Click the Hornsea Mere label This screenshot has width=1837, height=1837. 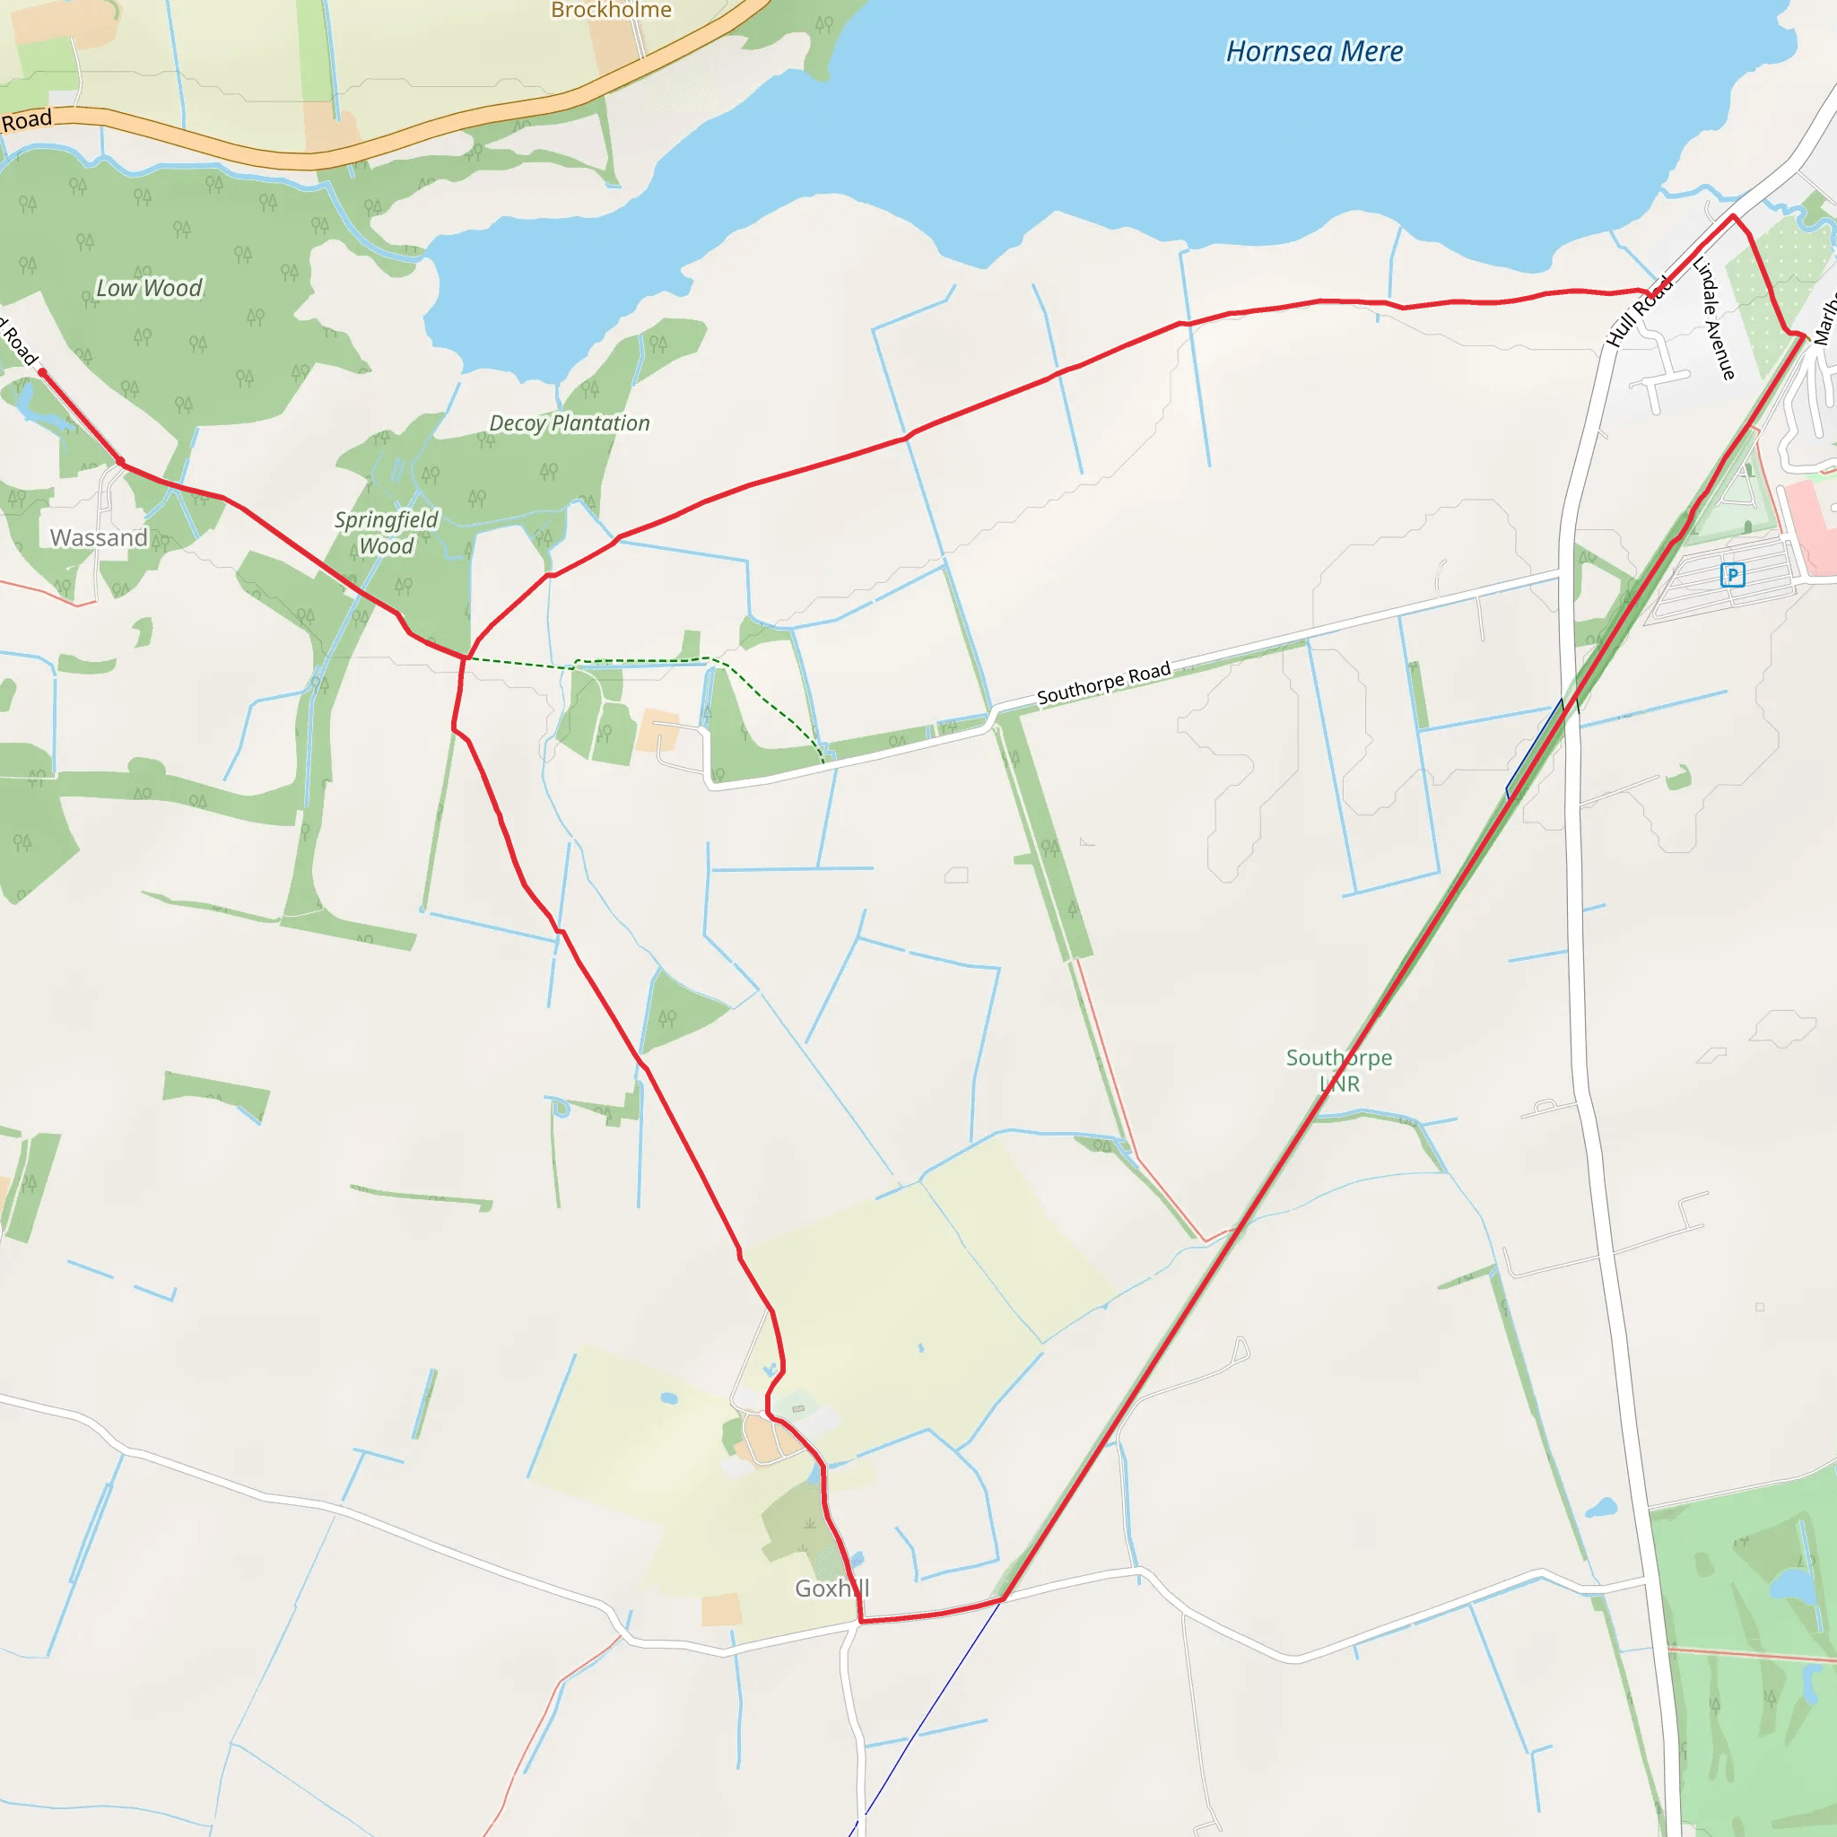pos(1314,51)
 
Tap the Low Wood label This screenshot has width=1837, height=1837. pos(149,288)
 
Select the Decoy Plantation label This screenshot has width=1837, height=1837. pos(569,423)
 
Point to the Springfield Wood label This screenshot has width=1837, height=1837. pos(386,533)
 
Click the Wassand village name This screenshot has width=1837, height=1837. pos(99,538)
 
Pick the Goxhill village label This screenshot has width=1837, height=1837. pos(832,1589)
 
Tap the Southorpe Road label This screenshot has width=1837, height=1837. pos(1103,683)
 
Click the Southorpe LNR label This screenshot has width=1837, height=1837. pos(1339,1071)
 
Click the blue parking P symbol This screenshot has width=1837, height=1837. pos(1732,574)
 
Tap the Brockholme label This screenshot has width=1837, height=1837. pos(612,11)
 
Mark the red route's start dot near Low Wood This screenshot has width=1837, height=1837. pos(42,374)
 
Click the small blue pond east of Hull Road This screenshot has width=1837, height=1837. pos(1601,1508)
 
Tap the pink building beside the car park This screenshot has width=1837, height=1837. pos(1811,518)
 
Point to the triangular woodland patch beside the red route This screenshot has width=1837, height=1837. pos(679,1015)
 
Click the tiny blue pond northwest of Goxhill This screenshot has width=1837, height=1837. pos(668,1398)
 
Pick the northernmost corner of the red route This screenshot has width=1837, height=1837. pos(1732,217)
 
